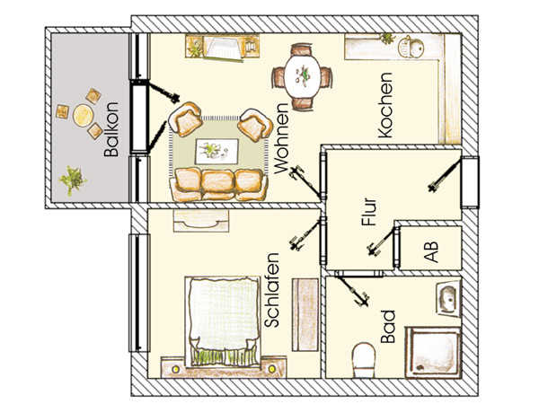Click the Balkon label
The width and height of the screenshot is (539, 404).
click(111, 129)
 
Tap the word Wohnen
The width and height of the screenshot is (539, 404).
click(281, 138)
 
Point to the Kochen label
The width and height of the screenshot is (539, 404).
click(385, 105)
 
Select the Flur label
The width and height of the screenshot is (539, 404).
click(369, 212)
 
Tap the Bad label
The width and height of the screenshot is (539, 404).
click(388, 327)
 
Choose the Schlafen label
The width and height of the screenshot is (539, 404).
click(272, 290)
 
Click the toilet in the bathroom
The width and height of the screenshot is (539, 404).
click(364, 360)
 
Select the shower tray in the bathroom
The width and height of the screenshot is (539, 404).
click(433, 352)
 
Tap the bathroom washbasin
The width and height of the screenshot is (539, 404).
click(448, 298)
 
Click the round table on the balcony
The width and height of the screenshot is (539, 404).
click(83, 115)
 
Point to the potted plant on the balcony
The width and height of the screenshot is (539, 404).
click(72, 180)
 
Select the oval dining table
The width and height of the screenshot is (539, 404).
click(303, 76)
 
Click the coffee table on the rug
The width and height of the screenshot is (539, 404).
click(216, 151)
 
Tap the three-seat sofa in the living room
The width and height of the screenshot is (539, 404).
click(218, 184)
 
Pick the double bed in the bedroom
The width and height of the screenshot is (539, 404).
click(223, 321)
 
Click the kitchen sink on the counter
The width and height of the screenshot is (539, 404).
click(411, 47)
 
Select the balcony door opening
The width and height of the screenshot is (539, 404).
click(140, 117)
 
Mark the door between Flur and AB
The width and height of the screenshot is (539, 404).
click(397, 247)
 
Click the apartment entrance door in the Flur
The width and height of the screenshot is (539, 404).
click(470, 181)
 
